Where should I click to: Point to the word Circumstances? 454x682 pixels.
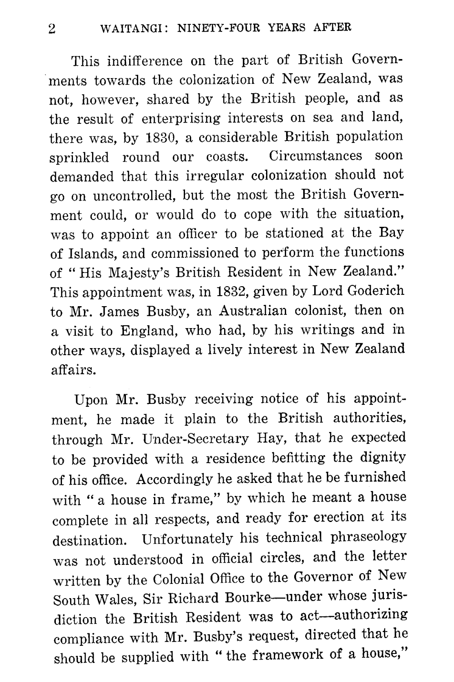pyautogui.click(x=316, y=156)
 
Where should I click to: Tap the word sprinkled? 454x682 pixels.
pyautogui.click(x=79, y=158)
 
